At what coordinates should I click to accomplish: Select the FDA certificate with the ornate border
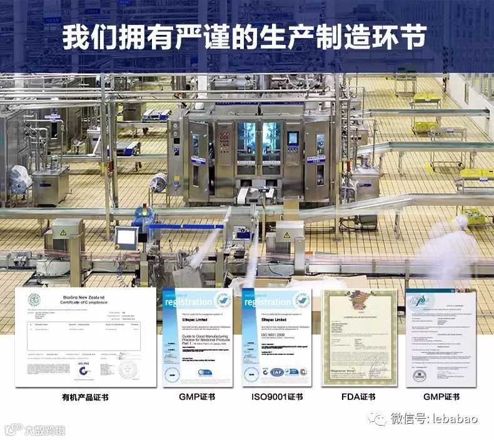tap(359, 337)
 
